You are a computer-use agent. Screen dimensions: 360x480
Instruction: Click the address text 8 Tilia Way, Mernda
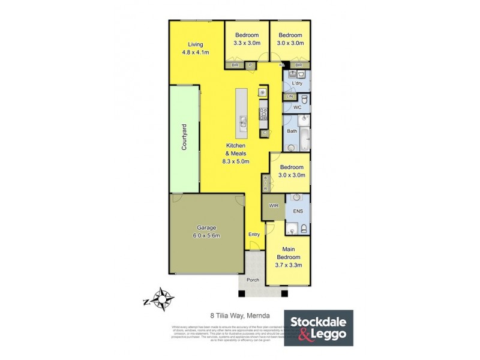240,314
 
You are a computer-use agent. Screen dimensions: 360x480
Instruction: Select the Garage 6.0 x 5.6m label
206,232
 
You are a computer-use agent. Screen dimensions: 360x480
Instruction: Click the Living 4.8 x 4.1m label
196,48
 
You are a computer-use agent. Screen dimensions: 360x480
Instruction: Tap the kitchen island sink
242,123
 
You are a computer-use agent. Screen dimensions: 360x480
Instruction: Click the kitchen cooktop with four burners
263,111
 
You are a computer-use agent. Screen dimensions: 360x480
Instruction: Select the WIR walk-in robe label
274,206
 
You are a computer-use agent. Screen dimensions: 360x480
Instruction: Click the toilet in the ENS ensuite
304,228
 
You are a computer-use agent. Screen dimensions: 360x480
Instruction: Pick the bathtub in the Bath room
304,140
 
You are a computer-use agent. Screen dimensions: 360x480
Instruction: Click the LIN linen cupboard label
290,97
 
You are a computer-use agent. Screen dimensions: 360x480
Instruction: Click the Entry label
254,235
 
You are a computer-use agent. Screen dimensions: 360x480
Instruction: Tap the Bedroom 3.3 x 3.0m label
247,39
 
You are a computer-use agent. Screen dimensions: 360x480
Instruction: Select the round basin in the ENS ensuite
296,197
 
